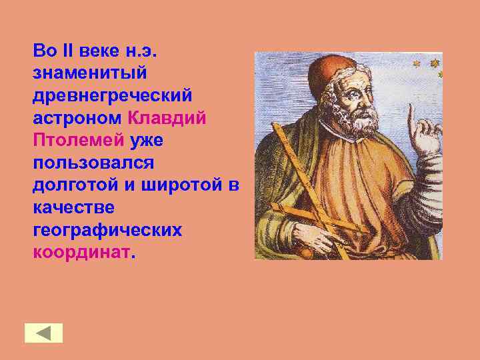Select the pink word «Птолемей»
click(x=78, y=140)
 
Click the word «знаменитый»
click(x=89, y=72)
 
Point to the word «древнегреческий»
click(x=112, y=95)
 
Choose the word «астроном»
click(x=76, y=118)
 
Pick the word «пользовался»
click(x=93, y=163)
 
